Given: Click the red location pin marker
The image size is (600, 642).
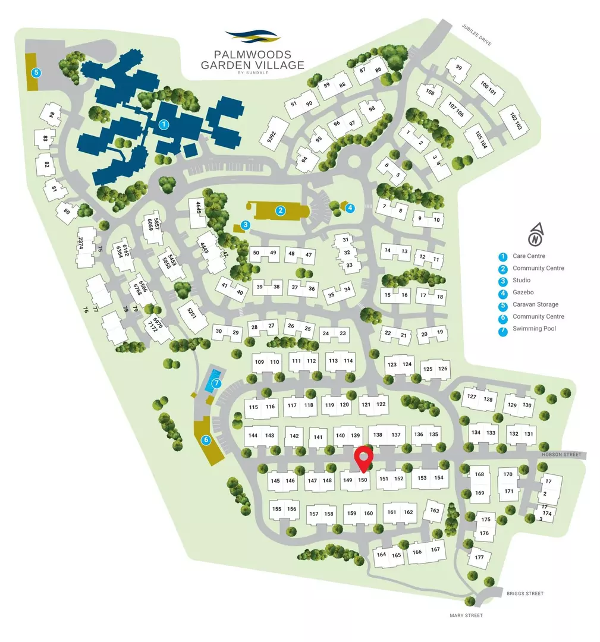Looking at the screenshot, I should click(x=363, y=458).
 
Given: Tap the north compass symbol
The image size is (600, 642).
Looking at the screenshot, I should click(x=536, y=235).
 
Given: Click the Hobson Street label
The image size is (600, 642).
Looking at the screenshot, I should click(x=562, y=455).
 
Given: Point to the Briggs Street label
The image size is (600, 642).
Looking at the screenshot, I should click(x=525, y=593).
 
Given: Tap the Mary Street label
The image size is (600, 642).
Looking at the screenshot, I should click(x=466, y=616).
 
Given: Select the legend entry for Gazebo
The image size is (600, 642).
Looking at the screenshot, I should click(x=522, y=292).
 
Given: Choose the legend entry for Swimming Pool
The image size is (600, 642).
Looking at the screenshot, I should click(x=534, y=329).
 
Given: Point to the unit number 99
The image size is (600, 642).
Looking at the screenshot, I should click(x=458, y=67).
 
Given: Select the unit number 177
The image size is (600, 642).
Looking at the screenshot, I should click(x=479, y=557).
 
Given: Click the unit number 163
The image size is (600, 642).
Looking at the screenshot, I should click(x=435, y=511).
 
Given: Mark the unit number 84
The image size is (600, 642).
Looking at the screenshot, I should click(x=52, y=115).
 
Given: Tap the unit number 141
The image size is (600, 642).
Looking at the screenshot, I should click(x=318, y=438).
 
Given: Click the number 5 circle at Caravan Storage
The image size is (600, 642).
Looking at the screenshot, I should click(x=37, y=73).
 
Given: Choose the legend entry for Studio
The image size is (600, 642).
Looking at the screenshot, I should click(x=521, y=281).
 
